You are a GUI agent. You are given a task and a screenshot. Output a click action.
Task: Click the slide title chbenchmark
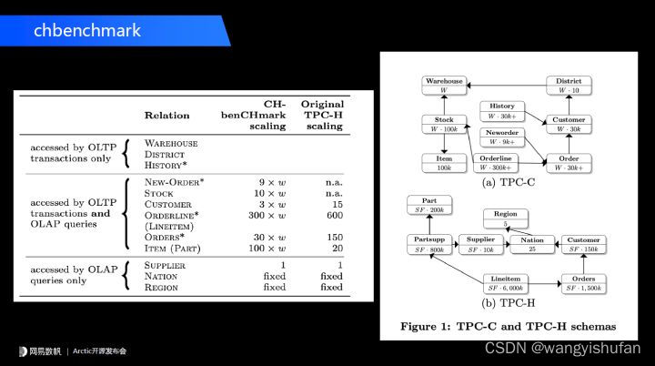(87, 30)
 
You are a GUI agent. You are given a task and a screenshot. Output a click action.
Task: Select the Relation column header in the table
(166, 116)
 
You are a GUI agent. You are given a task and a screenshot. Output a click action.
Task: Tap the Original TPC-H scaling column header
(322, 116)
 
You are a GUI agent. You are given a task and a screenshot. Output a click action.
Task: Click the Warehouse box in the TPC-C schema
(445, 85)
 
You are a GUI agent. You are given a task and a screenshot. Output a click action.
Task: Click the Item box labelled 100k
(445, 163)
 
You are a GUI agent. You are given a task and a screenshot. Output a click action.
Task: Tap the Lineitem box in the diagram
(507, 282)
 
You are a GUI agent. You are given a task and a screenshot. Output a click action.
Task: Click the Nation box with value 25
(532, 242)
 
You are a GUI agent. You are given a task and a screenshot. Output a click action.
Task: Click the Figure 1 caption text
(508, 325)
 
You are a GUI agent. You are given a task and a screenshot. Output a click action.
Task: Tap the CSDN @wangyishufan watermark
(562, 348)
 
